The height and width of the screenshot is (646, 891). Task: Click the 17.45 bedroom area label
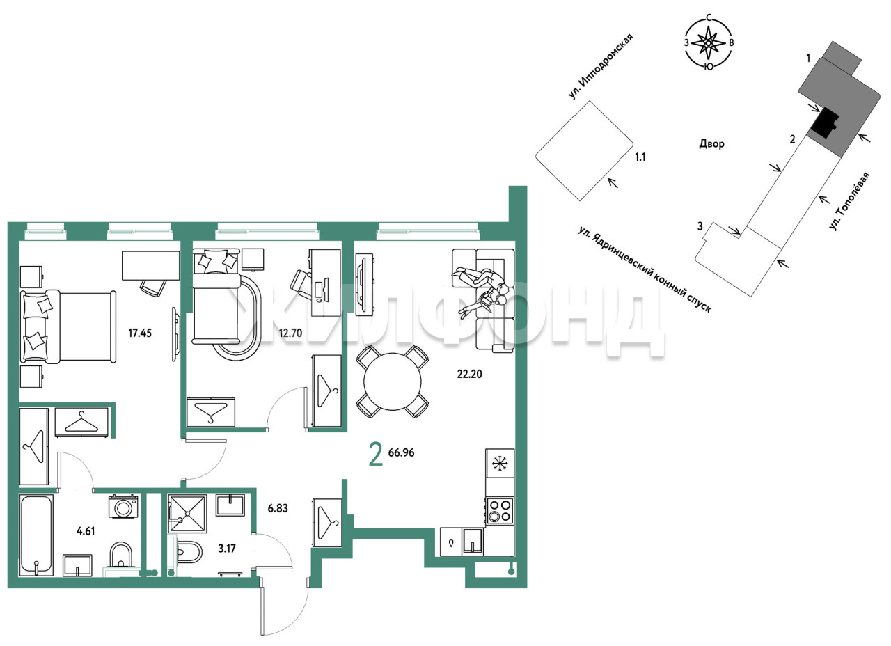click(140, 333)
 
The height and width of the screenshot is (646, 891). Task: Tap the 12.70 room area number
click(290, 333)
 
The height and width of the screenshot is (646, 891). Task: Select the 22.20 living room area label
click(469, 374)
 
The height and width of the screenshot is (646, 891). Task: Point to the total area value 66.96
click(401, 452)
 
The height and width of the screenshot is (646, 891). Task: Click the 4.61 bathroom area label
click(86, 531)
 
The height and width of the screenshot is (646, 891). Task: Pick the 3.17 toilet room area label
click(227, 549)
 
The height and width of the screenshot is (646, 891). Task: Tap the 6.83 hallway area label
click(278, 508)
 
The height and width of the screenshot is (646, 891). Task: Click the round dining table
click(392, 381)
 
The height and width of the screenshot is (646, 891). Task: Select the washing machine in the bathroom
click(123, 506)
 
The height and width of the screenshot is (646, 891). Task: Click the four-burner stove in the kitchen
click(500, 511)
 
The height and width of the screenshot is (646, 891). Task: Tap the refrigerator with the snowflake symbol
click(500, 464)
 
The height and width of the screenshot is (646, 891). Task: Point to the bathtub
click(36, 535)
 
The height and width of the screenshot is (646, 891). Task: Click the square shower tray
click(187, 514)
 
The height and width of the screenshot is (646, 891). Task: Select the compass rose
click(709, 42)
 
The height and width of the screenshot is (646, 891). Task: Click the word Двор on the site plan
click(711, 143)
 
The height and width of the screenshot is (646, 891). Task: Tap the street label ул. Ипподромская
click(600, 66)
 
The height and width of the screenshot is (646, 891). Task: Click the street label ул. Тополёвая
click(850, 201)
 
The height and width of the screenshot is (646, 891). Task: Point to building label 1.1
click(640, 157)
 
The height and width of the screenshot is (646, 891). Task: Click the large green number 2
click(376, 455)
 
